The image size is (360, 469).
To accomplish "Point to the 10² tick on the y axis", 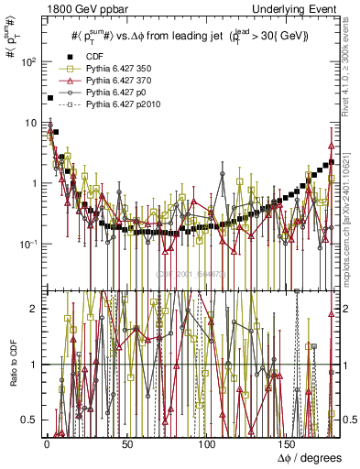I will pos(26,61).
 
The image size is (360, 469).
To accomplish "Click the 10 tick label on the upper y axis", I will pos(29,123).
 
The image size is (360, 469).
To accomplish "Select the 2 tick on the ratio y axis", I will pos(33,309).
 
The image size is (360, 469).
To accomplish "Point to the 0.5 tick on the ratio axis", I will pos(29,420).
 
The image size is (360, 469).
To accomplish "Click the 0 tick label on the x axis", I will pos(47,444).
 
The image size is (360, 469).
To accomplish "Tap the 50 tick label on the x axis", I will pos(126,444).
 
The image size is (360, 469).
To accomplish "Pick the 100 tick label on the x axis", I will pos(207,444).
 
